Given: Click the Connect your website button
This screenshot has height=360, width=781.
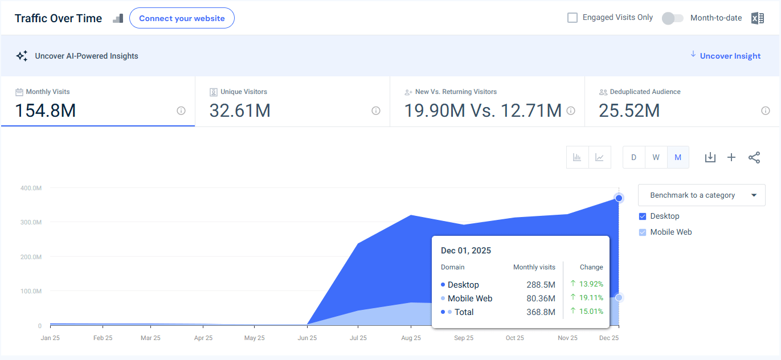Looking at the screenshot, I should pos(182,18).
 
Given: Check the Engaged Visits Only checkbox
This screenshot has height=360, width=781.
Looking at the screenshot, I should pos(573,18).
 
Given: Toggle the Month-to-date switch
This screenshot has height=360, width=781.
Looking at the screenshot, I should pos(672,18).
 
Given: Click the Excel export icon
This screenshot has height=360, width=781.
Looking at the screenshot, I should pos(757,18).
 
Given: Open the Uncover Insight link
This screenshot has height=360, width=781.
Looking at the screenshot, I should pos(730,56).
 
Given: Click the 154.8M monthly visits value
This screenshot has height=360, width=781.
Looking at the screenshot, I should pos(46,111).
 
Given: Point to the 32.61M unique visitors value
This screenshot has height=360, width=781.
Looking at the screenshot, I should pos(240,111).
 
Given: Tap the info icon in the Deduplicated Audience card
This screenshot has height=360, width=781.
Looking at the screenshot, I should pos(765,111).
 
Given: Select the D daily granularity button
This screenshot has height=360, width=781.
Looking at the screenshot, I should pos(633,157).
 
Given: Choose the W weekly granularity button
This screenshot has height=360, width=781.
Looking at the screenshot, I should pos(656,157).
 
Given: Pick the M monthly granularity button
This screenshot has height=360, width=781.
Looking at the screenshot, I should pos(678,157).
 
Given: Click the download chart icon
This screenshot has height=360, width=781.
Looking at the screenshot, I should pos(710,157).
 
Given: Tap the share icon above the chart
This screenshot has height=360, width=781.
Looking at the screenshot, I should pos(754,157).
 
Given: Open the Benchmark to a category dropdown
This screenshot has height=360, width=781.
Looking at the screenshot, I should pos(701,195).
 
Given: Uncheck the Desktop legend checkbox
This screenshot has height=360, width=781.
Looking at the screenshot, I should pos(643,216).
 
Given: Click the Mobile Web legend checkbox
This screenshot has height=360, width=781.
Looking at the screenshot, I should pos(643,232).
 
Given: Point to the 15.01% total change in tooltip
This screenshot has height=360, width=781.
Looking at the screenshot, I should pos(591,312).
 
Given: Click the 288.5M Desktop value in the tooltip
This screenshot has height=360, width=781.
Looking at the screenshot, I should pos(541,285).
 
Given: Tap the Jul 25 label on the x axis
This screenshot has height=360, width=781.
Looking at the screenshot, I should pos(358,338).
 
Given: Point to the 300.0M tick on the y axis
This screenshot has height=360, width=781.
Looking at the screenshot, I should pos(32,222).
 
